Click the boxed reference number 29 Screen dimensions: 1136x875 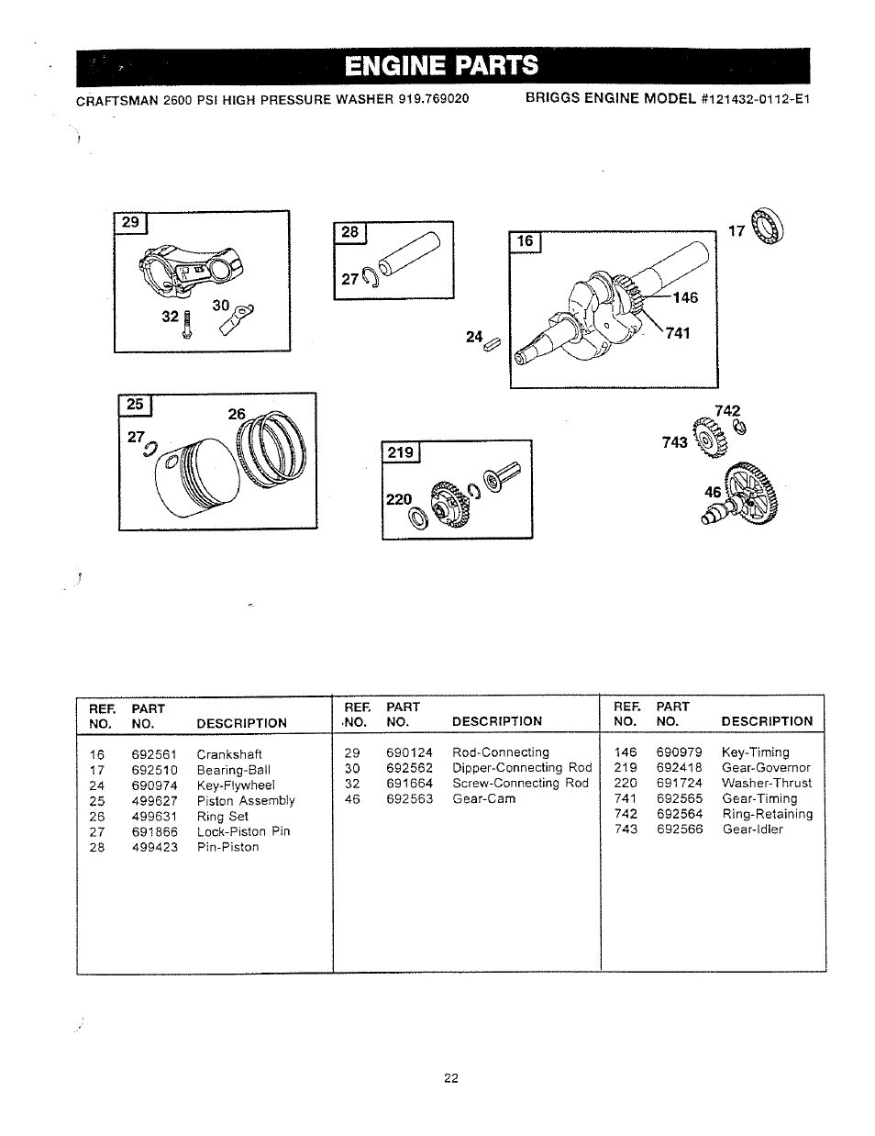[x=131, y=222]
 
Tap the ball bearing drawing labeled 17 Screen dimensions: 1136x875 [x=766, y=227]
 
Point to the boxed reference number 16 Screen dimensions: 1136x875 [x=525, y=241]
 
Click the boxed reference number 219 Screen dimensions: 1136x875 [x=400, y=451]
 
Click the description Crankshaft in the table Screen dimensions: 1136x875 [x=229, y=754]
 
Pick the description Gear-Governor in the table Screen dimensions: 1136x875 [x=766, y=767]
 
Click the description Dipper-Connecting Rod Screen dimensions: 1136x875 [x=522, y=767]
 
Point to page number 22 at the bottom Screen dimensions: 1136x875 [x=450, y=1078]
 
